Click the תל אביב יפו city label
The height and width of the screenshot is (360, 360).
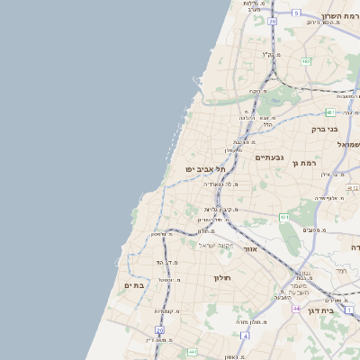click(x=205, y=168)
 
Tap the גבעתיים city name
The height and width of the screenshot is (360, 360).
click(x=268, y=157)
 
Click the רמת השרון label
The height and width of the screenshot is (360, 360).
click(x=339, y=16)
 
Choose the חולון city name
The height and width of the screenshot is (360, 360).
click(x=222, y=278)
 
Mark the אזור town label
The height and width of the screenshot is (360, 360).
click(x=250, y=247)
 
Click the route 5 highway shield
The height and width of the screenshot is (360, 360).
click(x=296, y=13)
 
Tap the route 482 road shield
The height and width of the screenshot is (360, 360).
click(x=306, y=61)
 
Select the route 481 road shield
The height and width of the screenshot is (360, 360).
click(x=330, y=112)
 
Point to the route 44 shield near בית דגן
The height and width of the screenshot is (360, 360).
click(x=296, y=308)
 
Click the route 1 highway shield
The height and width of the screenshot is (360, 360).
click(x=349, y=309)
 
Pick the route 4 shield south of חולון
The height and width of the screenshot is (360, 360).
click(x=192, y=352)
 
